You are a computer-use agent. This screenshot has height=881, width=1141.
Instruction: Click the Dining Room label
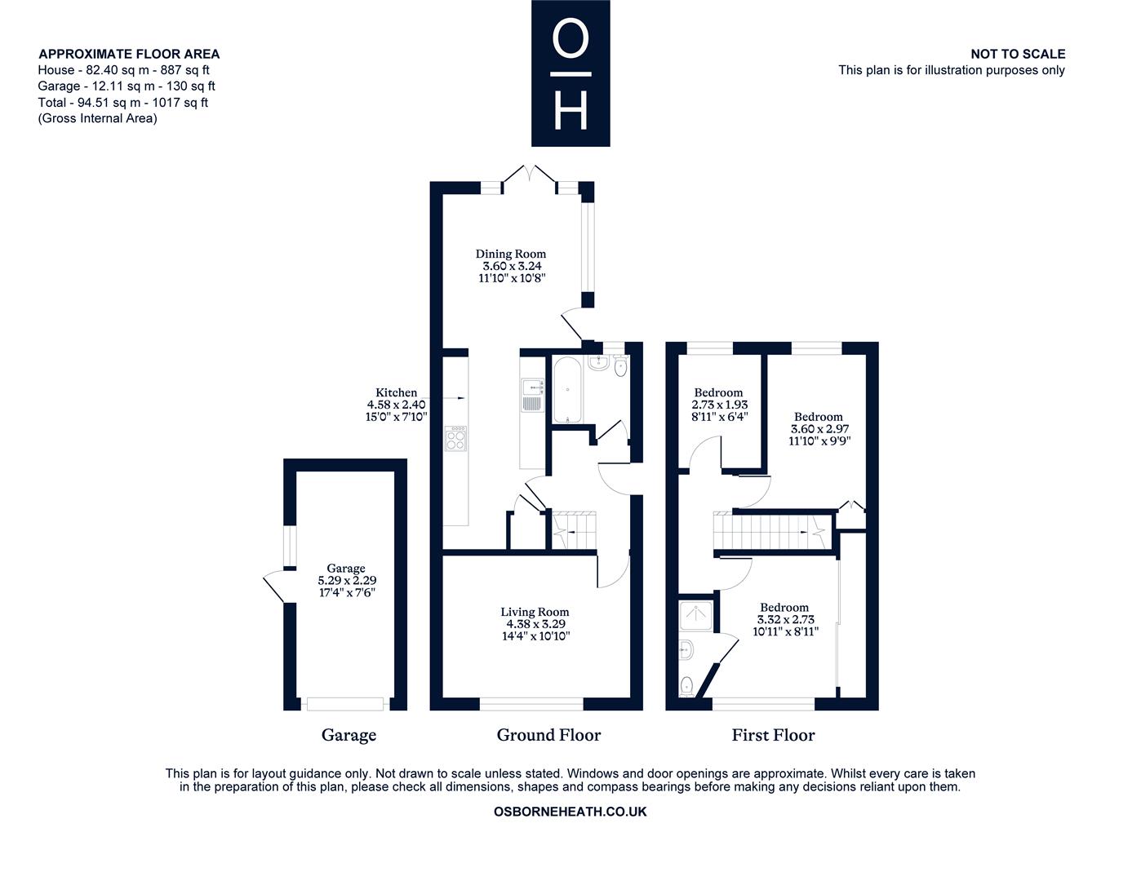[510, 254]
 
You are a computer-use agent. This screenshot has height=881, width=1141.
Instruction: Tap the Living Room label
[535, 612]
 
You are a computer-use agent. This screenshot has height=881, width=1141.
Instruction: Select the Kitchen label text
[396, 392]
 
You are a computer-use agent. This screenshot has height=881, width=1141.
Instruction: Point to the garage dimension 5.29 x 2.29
[347, 580]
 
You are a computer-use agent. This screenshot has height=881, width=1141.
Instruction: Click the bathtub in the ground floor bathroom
[567, 389]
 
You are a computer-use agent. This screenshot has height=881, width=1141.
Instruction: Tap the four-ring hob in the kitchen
[455, 439]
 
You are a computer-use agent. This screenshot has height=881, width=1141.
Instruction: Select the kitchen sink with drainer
[532, 395]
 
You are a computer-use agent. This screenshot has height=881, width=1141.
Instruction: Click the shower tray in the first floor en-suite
[695, 616]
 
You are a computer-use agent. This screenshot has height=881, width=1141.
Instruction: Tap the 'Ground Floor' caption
[548, 735]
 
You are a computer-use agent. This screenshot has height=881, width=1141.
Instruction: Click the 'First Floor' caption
[773, 735]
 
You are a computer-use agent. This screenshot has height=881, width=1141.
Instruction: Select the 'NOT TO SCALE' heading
[1018, 54]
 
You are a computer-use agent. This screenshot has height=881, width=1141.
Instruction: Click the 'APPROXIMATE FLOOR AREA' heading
[129, 54]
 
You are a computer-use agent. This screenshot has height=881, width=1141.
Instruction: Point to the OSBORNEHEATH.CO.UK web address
[570, 812]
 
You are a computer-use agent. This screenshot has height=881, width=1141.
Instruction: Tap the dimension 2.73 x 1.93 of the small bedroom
[719, 405]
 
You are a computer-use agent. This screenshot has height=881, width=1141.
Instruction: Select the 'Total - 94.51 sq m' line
[123, 102]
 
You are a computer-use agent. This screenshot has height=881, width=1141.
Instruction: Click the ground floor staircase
[574, 530]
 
